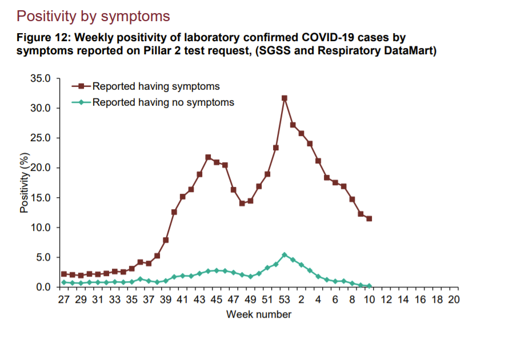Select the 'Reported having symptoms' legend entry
(x=156, y=86)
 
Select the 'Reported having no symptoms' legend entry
(x=163, y=102)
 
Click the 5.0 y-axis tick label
(x=46, y=257)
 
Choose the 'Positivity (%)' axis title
(x=24, y=182)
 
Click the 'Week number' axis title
(x=259, y=314)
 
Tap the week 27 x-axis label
(x=64, y=300)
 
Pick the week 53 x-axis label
(x=284, y=300)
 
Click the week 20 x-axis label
(x=454, y=300)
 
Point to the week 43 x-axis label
(x=199, y=300)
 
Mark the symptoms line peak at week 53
(x=284, y=98)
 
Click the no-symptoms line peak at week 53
(x=284, y=255)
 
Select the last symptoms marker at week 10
(x=369, y=219)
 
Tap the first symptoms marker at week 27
(x=64, y=274)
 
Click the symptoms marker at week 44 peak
(x=208, y=157)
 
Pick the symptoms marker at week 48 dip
(x=242, y=203)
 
